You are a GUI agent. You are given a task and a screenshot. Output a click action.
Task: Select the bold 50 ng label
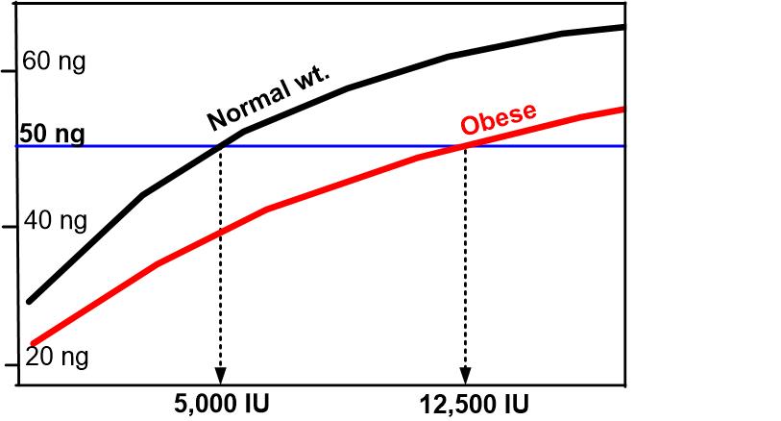pyautogui.click(x=52, y=134)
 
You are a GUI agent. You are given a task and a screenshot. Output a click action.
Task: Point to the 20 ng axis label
pyautogui.click(x=56, y=357)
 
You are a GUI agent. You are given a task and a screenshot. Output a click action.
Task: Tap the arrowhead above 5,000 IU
pyautogui.click(x=221, y=376)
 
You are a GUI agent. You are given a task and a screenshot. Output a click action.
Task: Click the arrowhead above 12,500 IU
pyautogui.click(x=466, y=376)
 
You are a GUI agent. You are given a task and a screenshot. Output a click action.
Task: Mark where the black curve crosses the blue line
pyautogui.click(x=222, y=146)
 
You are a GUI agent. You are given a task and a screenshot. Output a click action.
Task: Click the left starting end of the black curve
pyautogui.click(x=30, y=301)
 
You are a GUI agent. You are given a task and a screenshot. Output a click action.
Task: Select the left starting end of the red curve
pyautogui.click(x=33, y=342)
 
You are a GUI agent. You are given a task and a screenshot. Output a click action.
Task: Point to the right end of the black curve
pyautogui.click(x=622, y=27)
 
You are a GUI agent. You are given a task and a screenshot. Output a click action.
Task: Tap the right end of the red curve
pyautogui.click(x=622, y=109)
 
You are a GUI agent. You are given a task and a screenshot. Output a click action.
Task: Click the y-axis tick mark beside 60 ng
pyautogui.click(x=11, y=71)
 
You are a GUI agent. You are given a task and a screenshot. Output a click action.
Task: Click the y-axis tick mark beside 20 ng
pyautogui.click(x=11, y=366)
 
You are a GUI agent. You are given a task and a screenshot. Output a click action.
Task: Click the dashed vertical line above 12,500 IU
pyautogui.click(x=466, y=260)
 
